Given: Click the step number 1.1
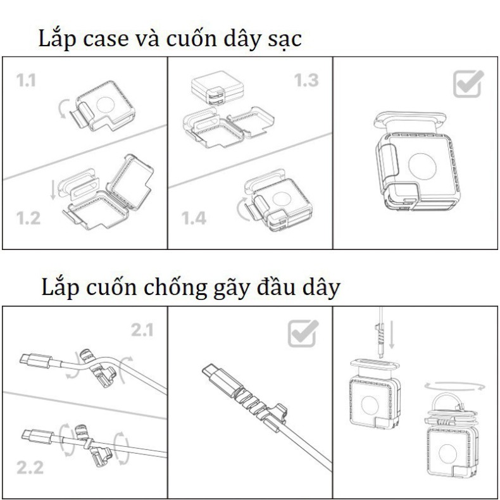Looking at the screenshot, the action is tap(26, 80).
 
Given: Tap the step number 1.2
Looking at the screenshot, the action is tap(28, 218).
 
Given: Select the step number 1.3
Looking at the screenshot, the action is tap(306, 80).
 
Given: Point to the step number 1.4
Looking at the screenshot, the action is tap(194, 218).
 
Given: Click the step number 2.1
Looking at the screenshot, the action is tap(142, 330).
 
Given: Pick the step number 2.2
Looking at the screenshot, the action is tap(30, 468).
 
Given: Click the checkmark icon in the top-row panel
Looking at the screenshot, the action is tap(468, 84).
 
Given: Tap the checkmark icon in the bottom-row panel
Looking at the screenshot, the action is tap(303, 334).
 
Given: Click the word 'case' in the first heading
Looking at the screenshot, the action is tap(106, 39).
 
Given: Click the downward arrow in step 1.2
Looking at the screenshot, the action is tap(53, 190).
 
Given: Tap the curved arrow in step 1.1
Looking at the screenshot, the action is tap(61, 108).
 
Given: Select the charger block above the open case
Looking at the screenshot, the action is tap(218, 89).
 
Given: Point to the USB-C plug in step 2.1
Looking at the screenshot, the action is tap(35, 361).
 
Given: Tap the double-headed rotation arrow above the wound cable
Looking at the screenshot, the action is tap(454, 387).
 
